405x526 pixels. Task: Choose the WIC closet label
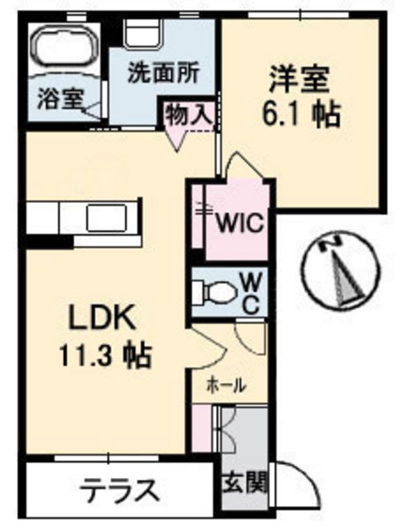[x=241, y=224]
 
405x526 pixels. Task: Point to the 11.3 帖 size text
[x=104, y=355]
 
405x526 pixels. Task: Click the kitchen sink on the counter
[x=112, y=218]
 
